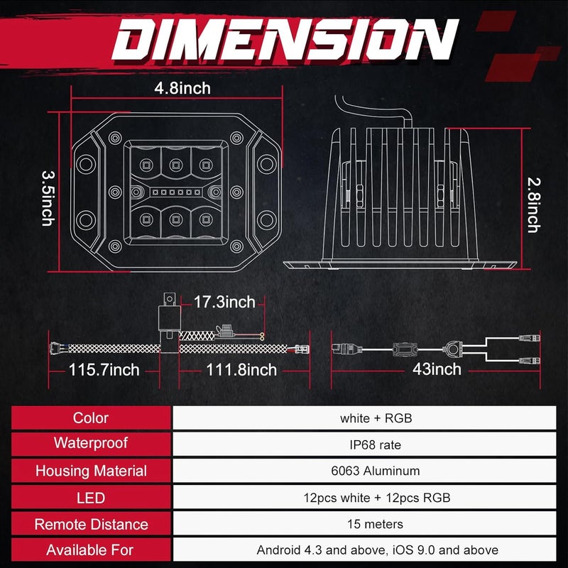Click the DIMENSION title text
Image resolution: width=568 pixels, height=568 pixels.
(285, 39)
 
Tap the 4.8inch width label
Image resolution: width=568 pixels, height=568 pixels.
(182, 88)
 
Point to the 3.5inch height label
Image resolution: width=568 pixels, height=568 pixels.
(48, 199)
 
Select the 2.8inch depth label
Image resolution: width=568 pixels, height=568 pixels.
(534, 204)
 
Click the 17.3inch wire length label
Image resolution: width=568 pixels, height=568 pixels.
(224, 302)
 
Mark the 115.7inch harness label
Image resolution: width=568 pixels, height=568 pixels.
(104, 370)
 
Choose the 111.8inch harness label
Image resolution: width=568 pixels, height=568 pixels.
(241, 370)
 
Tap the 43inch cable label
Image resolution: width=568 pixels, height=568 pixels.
(437, 369)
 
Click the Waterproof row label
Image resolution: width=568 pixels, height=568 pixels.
(91, 443)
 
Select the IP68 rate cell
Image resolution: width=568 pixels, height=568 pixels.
(376, 445)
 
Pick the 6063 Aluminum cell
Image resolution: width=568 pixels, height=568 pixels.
(376, 471)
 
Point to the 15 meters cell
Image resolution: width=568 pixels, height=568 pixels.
(376, 524)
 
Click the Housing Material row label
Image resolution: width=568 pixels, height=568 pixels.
(91, 471)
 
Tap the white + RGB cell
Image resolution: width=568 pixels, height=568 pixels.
(376, 418)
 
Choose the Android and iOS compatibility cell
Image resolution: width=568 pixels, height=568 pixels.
(378, 550)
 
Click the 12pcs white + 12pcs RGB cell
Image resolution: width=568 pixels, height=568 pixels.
(377, 498)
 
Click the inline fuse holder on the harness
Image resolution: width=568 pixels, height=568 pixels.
(224, 331)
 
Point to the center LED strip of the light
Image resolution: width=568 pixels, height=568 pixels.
(176, 192)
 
